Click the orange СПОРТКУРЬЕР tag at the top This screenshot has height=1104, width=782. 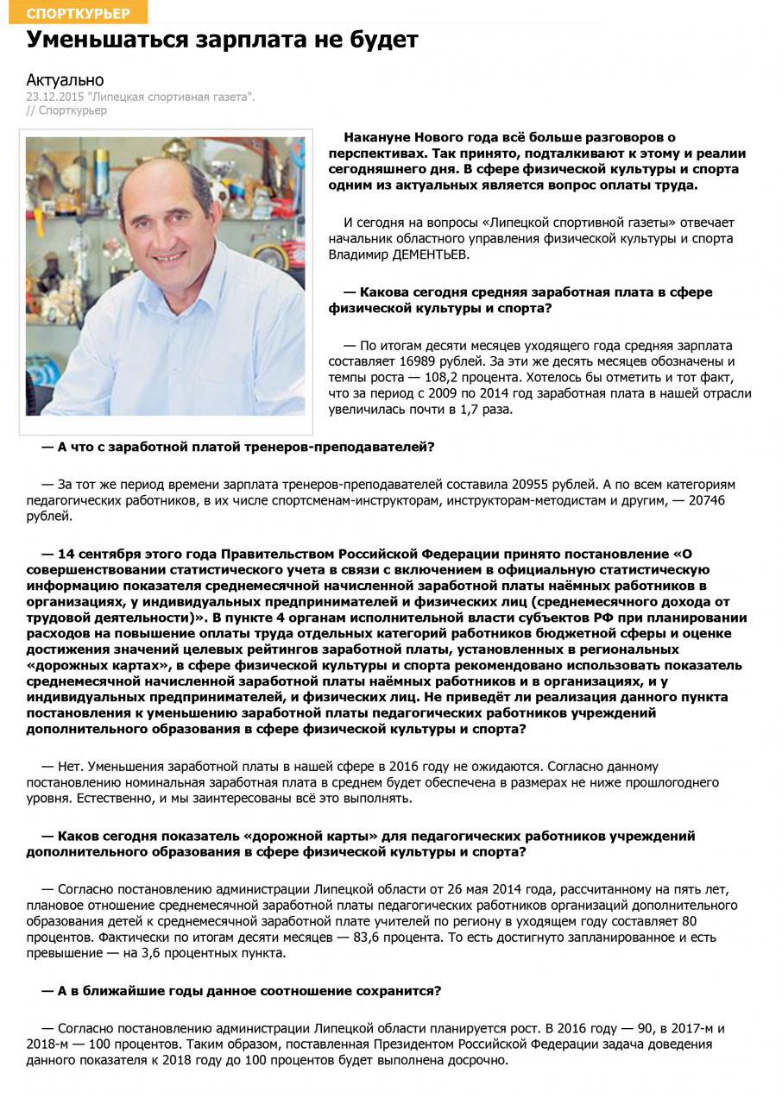click(79, 12)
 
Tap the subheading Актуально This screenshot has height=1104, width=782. click(65, 80)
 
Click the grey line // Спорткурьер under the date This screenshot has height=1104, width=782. click(66, 110)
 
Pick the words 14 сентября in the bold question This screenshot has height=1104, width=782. click(98, 553)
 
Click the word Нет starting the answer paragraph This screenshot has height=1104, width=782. click(70, 766)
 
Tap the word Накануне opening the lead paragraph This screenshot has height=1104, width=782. click(376, 137)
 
